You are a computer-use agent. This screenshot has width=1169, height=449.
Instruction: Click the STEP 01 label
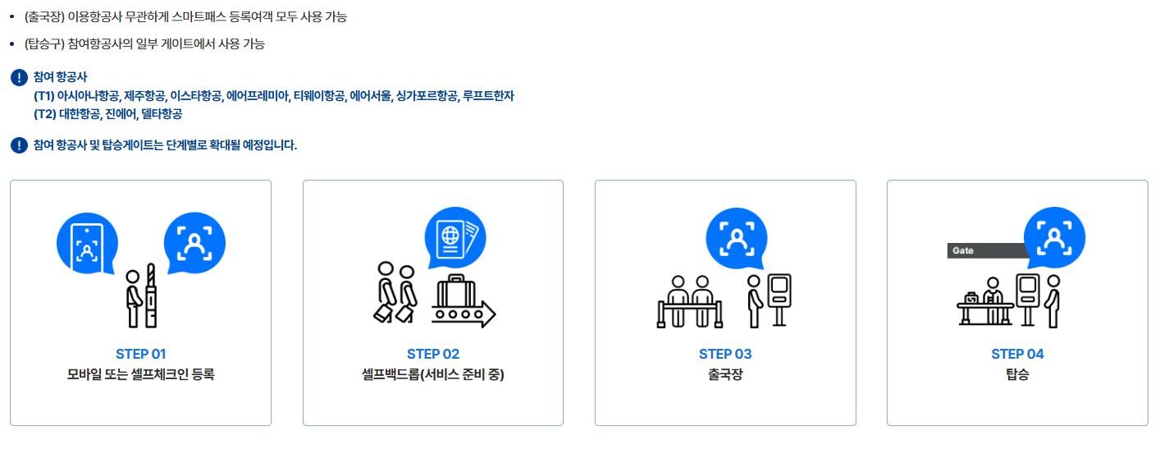coord(140,354)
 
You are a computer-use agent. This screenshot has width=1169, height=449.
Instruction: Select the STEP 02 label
coord(433,354)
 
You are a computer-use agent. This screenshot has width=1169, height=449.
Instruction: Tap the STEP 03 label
coord(725,354)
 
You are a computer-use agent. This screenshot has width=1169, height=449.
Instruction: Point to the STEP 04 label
coord(1017,354)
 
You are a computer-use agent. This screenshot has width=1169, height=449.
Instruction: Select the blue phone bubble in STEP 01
coord(87,245)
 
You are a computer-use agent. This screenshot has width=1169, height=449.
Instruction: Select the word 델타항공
coord(160,114)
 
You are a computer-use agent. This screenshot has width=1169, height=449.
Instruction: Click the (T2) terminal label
coord(44,114)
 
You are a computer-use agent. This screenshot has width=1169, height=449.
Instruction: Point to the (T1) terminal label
coord(44,96)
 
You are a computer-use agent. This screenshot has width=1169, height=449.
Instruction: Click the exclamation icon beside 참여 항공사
coord(19,78)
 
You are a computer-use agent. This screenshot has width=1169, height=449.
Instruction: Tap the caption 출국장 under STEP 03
coord(725,375)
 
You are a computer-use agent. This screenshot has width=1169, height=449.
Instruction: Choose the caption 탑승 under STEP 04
coord(1017,375)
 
